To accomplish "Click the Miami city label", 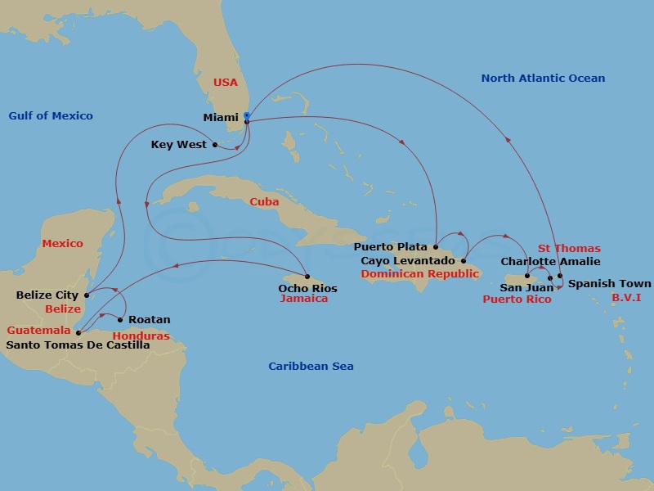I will click(x=220, y=117).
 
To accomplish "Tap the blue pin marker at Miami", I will click(x=247, y=115).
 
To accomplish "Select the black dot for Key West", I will click(x=215, y=145).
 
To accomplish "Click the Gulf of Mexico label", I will click(x=51, y=115).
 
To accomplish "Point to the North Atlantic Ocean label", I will click(x=543, y=78).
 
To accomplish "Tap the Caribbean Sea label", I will click(x=311, y=366).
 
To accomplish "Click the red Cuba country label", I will click(x=264, y=201).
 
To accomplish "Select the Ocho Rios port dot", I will click(x=307, y=276).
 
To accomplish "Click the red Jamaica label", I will click(x=303, y=299).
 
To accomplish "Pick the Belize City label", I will click(x=47, y=295).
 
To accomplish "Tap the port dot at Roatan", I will click(x=120, y=319).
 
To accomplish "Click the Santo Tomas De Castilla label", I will click(x=78, y=345).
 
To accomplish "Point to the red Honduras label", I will click(x=140, y=336).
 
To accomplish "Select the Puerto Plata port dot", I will click(x=436, y=246).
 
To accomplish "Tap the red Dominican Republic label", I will click(x=419, y=273).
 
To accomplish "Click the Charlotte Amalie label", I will click(x=550, y=261).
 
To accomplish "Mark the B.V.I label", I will click(x=626, y=297).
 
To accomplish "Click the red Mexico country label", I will click(x=63, y=243).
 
